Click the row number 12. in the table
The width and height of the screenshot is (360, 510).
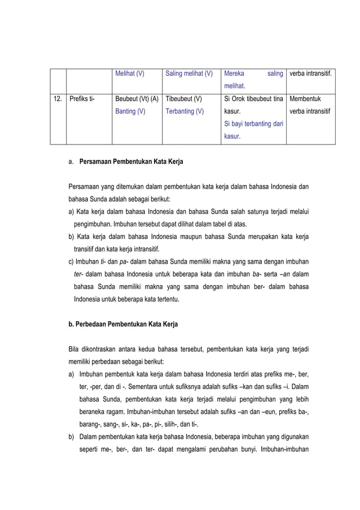point(58,99)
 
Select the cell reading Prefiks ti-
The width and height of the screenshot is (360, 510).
point(82,99)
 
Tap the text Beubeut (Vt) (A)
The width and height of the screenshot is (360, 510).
point(137,99)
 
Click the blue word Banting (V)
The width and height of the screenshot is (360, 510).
point(129,112)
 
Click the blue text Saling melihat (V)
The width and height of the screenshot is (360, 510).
point(189,73)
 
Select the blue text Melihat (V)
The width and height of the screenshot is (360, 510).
point(129,73)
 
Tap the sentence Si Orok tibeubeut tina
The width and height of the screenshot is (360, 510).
point(253,99)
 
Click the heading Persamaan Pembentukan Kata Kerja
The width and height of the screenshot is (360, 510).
point(131,162)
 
